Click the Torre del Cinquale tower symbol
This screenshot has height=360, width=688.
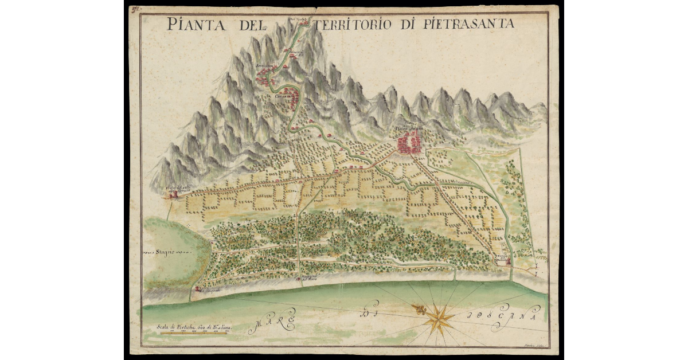point(198,289)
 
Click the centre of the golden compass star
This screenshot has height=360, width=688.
point(439,319)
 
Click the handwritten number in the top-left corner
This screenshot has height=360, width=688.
point(135,9)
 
